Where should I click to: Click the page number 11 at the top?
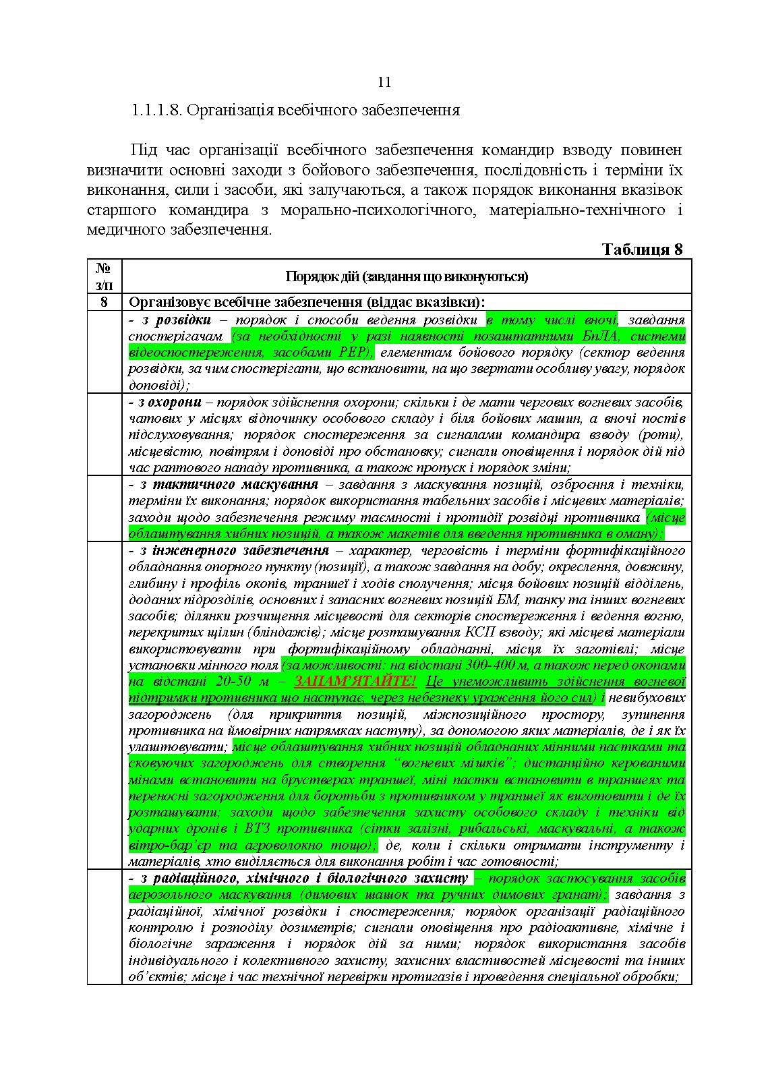pos(384,82)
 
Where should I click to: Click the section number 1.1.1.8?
pos(156,110)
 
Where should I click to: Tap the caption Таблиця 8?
pos(642,249)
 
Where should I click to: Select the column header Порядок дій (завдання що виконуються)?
pos(407,276)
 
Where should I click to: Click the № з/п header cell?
pos(104,276)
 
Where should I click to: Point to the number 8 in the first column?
pos(104,302)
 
